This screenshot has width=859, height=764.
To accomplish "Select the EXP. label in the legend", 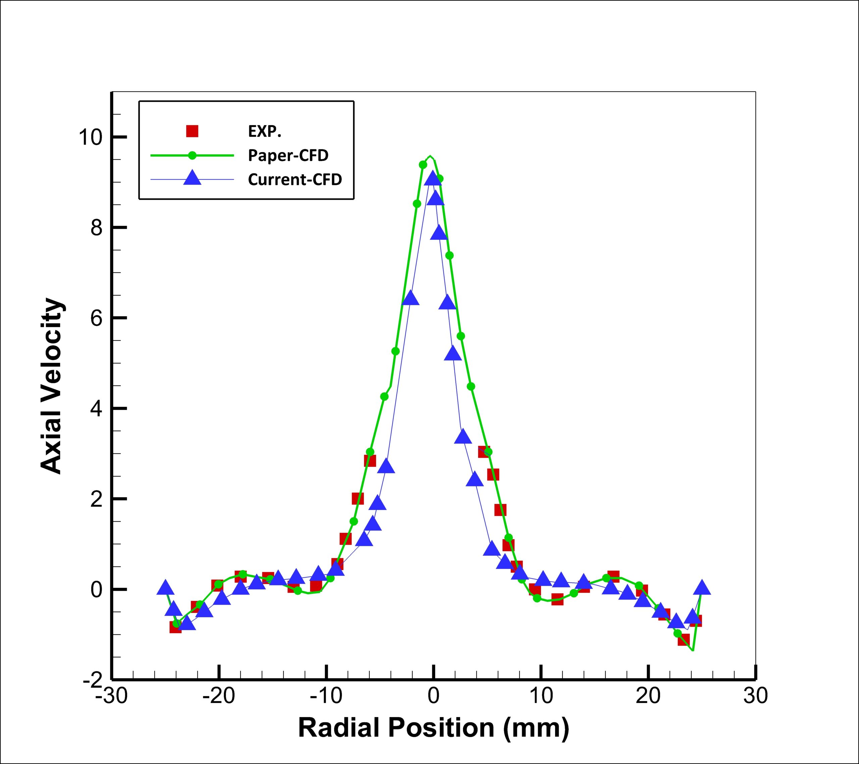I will (x=264, y=132).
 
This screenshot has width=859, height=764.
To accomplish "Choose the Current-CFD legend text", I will (x=295, y=180).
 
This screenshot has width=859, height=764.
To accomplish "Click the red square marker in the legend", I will (x=192, y=131).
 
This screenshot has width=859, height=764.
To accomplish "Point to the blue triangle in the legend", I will (x=192, y=178).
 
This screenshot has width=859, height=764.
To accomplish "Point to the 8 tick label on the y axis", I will (x=96, y=228).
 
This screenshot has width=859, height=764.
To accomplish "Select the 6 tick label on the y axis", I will (x=96, y=318).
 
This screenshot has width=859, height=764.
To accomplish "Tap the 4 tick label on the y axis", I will (x=96, y=409).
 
